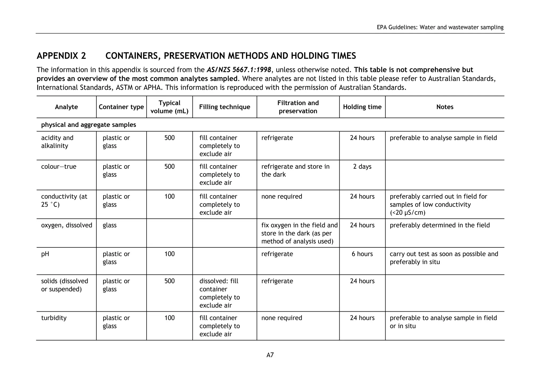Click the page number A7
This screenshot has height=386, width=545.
coord(270,355)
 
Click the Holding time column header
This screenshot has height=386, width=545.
coord(362,107)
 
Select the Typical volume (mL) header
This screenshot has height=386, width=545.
coord(170,107)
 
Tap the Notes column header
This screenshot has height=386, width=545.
coord(445,107)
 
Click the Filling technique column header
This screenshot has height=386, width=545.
coord(225,107)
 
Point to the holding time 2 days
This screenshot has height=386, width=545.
coord(362,167)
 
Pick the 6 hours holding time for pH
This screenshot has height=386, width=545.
coord(362,254)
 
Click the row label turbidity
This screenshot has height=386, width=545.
coord(54,318)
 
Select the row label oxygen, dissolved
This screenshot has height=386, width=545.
coord(67,225)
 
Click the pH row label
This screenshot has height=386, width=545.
coord(45,254)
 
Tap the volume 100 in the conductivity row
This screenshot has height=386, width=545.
coord(170,196)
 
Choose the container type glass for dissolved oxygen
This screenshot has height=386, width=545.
coord(110,225)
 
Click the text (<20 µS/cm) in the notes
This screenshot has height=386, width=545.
coord(407,213)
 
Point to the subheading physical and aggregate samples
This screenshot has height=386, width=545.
coord(88,125)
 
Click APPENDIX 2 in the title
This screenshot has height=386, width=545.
coord(61,56)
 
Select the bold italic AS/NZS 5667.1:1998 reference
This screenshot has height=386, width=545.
coord(239,70)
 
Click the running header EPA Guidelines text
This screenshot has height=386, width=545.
coord(440,27)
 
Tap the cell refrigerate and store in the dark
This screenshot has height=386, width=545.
coord(295,171)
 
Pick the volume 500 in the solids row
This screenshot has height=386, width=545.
coord(170,281)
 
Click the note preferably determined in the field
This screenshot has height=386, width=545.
coord(440,225)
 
